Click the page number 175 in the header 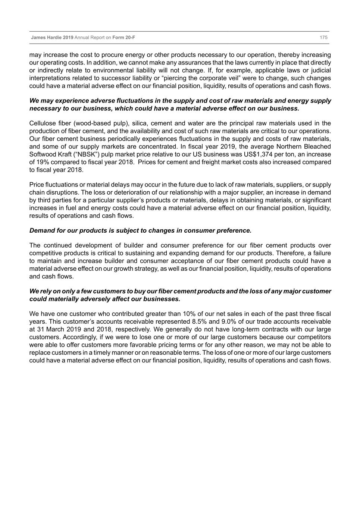pos(323,38)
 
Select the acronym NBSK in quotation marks pos(78,154)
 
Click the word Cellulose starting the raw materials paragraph pos(42,123)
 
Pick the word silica pos(139,123)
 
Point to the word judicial pos(320,70)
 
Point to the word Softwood pos(41,154)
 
